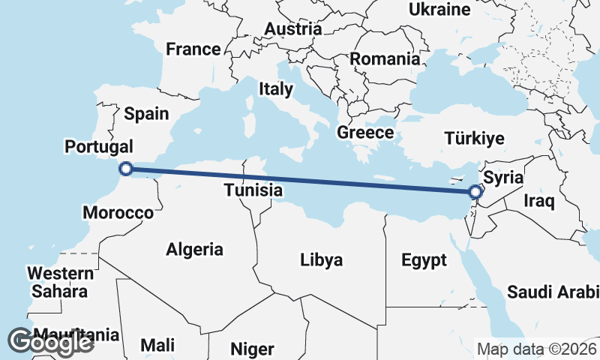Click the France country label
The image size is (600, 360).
pyautogui.click(x=193, y=49)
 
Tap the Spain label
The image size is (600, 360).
pyautogui.click(x=146, y=114)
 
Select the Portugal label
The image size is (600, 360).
pyautogui.click(x=99, y=146)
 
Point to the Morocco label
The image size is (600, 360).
pyautogui.click(x=118, y=213)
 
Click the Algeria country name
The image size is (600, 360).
pyautogui.click(x=195, y=249)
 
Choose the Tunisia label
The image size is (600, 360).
pyautogui.click(x=253, y=190)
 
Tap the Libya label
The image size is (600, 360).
pyautogui.click(x=321, y=260)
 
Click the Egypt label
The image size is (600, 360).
pyautogui.click(x=424, y=260)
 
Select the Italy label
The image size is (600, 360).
pyautogui.click(x=276, y=89)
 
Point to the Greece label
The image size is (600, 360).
pyautogui.click(x=365, y=133)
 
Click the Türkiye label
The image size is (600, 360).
pyautogui.click(x=474, y=139)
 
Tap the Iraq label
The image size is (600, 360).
pyautogui.click(x=538, y=201)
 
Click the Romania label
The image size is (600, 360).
pyautogui.click(x=385, y=58)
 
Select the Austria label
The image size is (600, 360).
pyautogui.click(x=292, y=29)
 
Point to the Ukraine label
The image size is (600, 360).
pyautogui.click(x=439, y=10)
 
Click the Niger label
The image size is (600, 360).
pyautogui.click(x=252, y=349)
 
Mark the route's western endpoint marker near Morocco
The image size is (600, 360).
pyautogui.click(x=126, y=169)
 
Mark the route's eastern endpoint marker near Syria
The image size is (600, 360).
pyautogui.click(x=475, y=191)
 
